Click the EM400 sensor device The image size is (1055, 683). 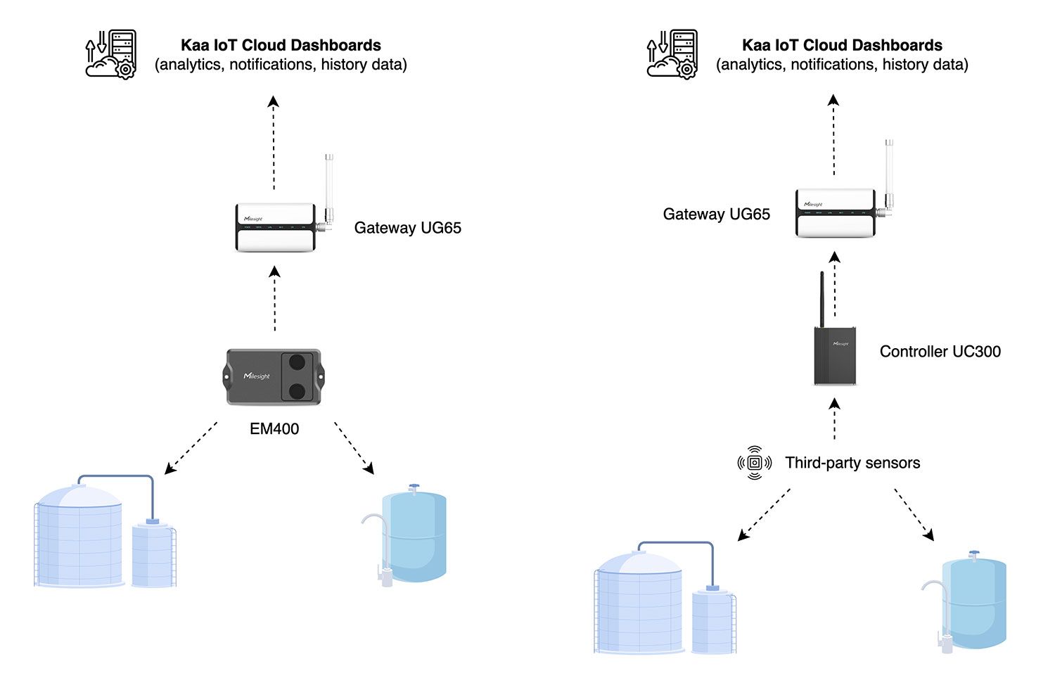coord(274,377)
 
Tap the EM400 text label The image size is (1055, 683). coord(274,428)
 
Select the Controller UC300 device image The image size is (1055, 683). coord(835,355)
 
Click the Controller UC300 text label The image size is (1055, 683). coord(940,352)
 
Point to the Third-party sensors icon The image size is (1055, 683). coord(754,462)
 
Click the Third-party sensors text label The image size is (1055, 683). coord(852,463)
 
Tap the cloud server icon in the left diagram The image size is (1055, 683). coord(111,54)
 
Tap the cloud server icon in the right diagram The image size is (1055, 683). coord(672,54)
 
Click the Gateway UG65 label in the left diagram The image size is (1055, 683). coord(407,228)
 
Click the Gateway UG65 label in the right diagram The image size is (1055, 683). coord(716,215)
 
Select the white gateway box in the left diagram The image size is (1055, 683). coord(275,227)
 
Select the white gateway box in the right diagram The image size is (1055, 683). coord(836,213)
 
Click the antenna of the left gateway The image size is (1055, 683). coord(328,186)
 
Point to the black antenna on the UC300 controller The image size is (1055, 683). coord(821,299)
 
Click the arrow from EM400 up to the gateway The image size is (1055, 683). coord(275,298)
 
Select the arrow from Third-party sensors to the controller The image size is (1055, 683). coord(835,419)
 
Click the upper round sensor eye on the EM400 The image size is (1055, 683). coord(298,363)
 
